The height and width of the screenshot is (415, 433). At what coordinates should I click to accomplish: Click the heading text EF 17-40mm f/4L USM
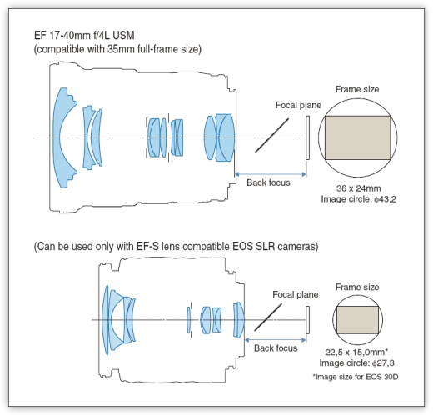[84, 36]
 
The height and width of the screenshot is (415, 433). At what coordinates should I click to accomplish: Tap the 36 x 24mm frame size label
[358, 188]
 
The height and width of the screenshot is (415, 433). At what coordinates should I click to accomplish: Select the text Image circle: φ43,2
[359, 199]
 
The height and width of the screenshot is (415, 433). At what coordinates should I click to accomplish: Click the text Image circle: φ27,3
[356, 362]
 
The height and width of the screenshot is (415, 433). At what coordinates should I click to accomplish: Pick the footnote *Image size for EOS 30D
[356, 377]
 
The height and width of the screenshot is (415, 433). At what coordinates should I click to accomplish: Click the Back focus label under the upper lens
[268, 182]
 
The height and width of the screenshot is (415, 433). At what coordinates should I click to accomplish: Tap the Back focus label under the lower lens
[276, 348]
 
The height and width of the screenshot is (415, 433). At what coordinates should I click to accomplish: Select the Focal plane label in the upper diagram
[298, 105]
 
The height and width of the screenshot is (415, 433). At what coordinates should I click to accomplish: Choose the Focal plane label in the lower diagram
[296, 294]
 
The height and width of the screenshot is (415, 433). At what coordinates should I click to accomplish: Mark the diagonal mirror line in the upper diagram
[271, 136]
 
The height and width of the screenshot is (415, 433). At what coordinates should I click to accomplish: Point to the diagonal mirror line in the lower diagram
[268, 317]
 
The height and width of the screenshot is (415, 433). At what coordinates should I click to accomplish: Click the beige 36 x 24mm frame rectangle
[357, 137]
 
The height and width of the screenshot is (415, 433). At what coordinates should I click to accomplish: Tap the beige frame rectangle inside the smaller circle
[357, 320]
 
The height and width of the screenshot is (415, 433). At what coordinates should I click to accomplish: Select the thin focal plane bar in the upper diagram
[307, 137]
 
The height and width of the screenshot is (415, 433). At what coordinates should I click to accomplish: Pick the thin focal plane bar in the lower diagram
[307, 320]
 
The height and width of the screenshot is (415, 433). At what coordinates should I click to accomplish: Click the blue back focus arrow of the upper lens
[271, 174]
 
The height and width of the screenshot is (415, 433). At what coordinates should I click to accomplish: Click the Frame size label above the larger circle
[357, 89]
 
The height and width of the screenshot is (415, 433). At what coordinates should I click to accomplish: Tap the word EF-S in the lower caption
[147, 247]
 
